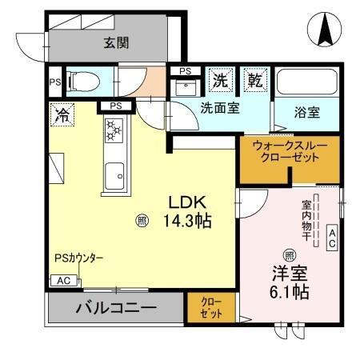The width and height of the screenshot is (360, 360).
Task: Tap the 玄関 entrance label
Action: [116, 43]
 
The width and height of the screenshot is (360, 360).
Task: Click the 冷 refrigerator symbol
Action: [61, 114]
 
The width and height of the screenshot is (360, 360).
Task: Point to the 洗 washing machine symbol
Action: [221, 80]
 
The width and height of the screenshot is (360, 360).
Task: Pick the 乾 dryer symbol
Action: [254, 80]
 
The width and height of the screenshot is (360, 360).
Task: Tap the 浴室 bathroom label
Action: [307, 111]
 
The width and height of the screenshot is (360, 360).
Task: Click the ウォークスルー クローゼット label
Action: [286, 152]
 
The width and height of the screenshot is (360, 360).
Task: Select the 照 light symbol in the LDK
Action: [142, 220]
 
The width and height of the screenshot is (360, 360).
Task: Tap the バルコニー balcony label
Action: [116, 307]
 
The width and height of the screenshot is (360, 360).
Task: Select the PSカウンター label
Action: [79, 258]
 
